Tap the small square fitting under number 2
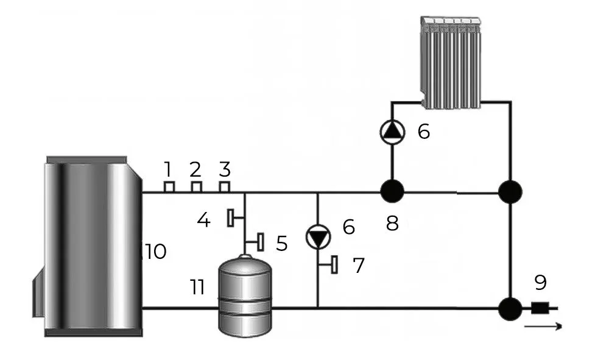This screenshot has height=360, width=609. [x=196, y=186]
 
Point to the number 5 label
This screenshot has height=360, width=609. [x=281, y=243]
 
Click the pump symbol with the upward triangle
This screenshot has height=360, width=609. [x=392, y=131]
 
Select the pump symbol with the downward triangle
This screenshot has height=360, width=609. [x=318, y=237]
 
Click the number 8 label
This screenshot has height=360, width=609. [x=392, y=224]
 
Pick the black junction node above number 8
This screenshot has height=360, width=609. [x=392, y=192]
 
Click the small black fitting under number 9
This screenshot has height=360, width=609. [x=538, y=308]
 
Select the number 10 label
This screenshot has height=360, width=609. [x=156, y=251]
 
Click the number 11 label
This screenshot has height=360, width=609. [x=197, y=287]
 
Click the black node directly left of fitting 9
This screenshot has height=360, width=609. [x=510, y=308]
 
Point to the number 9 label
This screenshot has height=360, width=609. [x=540, y=283]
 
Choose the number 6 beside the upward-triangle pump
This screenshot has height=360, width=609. [x=424, y=131]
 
